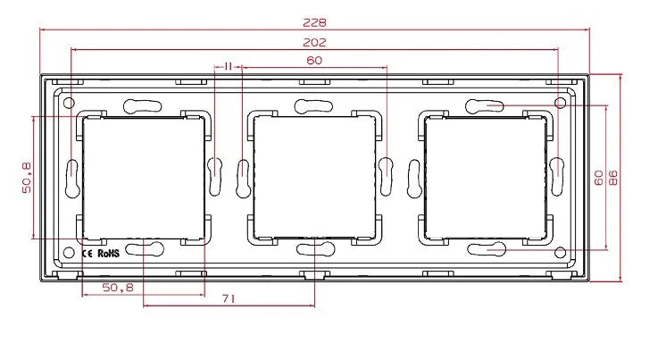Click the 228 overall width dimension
[313, 21]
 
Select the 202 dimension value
[313, 42]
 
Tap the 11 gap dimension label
[229, 66]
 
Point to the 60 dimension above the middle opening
[313, 61]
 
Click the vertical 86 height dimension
[614, 178]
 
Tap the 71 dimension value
[229, 301]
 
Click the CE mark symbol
[88, 253]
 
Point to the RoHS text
[108, 253]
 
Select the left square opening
[143, 178]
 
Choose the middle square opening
[313, 178]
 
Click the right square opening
[485, 178]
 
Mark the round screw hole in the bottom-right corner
[560, 253]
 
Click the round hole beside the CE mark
[69, 253]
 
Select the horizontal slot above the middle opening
[313, 105]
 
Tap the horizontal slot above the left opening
[143, 105]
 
